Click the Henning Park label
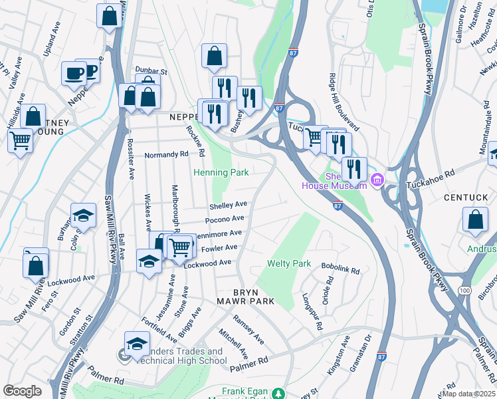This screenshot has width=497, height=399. (x=221, y=173)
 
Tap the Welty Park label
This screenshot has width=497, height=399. (x=289, y=264)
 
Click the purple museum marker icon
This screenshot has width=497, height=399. (x=377, y=180)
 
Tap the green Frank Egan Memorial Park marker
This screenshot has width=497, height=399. (x=282, y=392)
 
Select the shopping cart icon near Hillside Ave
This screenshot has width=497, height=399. (x=21, y=140)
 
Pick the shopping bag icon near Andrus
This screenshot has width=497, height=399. (x=475, y=219)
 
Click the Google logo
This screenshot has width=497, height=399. (x=23, y=390)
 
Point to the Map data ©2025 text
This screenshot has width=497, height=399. (x=469, y=394)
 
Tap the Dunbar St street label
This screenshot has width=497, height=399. (x=148, y=70)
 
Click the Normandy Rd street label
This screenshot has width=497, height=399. (x=167, y=154)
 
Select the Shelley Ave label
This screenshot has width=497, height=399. (x=229, y=205)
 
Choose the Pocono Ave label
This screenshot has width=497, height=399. (x=225, y=219)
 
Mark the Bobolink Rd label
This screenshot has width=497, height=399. (x=340, y=271)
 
